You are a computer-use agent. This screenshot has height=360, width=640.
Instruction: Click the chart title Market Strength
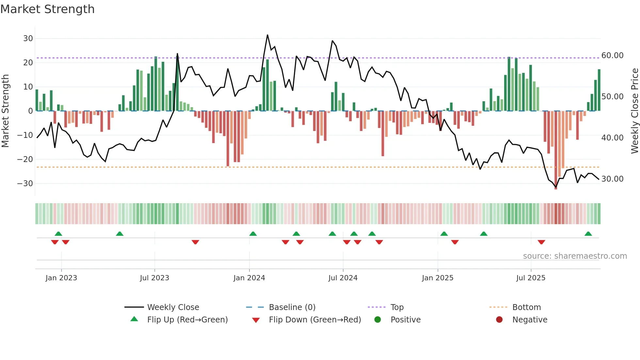click(47, 9)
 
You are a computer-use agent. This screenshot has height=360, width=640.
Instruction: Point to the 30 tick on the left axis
click(28, 39)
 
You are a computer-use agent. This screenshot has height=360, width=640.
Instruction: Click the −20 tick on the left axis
click(25, 159)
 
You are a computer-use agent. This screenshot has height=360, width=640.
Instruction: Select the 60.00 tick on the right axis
click(612, 56)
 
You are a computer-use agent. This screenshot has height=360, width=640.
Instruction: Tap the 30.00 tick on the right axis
click(612, 179)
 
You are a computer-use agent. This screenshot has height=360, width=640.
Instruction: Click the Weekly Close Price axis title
click(634, 111)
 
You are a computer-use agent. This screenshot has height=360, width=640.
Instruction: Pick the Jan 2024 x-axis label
click(249, 278)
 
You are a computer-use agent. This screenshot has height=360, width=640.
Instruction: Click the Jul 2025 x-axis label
click(531, 278)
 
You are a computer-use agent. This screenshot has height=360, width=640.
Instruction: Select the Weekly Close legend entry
click(173, 307)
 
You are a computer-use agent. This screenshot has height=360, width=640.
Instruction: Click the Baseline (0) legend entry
click(292, 307)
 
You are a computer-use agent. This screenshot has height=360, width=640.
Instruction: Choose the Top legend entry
click(397, 307)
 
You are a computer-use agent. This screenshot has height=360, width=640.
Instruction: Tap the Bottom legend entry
click(526, 307)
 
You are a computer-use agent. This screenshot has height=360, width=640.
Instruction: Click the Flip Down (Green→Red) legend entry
click(315, 320)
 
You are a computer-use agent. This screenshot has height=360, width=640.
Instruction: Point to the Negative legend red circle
click(499, 320)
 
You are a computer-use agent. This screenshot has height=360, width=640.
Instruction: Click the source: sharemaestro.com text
click(575, 256)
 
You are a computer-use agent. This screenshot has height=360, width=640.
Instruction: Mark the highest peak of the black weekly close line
click(267, 35)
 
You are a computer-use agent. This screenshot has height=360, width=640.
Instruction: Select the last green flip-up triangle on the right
click(588, 234)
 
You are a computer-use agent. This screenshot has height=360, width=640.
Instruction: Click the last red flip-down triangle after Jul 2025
click(541, 242)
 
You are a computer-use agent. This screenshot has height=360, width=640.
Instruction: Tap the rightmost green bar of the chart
click(599, 90)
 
